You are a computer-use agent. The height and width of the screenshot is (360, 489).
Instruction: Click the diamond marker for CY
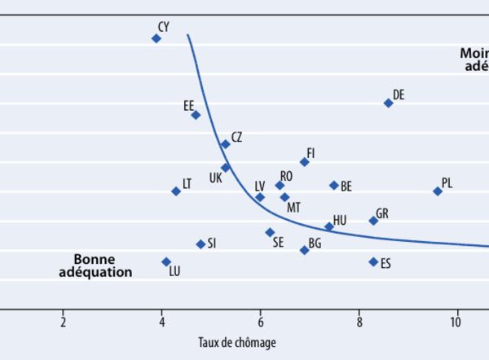point(156,38)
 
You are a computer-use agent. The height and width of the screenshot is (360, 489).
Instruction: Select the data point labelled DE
point(388,103)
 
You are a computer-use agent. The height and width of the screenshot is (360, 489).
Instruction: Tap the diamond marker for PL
point(438,191)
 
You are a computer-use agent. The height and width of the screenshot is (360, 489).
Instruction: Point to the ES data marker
point(373,261)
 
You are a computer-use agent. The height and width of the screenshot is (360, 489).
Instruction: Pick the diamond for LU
point(166,261)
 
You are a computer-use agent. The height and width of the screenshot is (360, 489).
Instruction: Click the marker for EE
point(196,115)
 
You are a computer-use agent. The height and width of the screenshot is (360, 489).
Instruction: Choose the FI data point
point(304,161)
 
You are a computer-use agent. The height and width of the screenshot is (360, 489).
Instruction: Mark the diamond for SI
point(200,244)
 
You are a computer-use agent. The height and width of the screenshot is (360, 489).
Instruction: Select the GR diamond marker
point(373,221)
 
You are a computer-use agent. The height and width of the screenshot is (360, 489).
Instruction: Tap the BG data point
point(304,250)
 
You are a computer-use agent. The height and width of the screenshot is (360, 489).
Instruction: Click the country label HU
point(340,220)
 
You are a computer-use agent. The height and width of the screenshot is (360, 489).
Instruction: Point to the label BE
point(346,187)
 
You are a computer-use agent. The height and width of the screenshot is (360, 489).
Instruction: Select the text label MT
point(294,207)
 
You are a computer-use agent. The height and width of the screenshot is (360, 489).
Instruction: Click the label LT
point(187,184)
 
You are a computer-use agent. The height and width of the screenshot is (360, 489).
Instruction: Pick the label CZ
point(236,138)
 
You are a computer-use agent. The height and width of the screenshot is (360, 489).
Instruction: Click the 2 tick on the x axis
point(63,318)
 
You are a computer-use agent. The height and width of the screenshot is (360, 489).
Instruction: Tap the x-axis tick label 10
point(458,318)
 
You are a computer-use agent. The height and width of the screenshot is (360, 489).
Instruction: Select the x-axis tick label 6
point(260,318)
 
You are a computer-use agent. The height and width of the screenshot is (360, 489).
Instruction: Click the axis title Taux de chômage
point(237,343)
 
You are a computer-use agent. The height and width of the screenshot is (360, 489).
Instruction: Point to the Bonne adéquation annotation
point(95,266)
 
